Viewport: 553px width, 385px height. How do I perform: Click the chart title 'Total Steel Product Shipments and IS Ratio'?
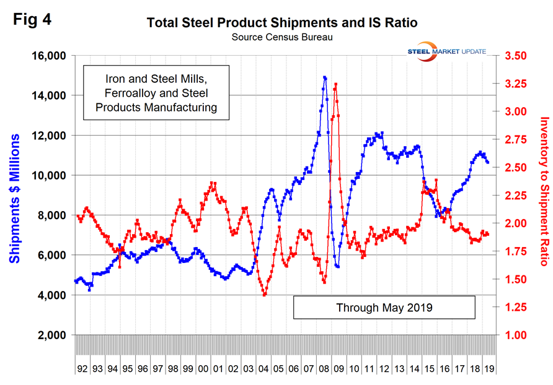tap(282, 24)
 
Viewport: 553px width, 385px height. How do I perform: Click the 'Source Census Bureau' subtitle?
tap(282, 38)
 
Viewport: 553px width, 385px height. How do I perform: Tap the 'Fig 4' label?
tap(32, 19)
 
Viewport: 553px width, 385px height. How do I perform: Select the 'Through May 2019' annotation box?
tap(384, 307)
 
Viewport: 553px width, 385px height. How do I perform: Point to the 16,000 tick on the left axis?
tap(50, 56)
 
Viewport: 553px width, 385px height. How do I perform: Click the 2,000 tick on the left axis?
tap(52, 335)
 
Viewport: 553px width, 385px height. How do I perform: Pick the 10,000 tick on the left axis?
tap(50, 175)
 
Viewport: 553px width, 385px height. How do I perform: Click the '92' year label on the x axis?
tap(82, 368)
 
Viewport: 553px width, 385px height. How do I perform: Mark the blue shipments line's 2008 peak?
tap(324, 78)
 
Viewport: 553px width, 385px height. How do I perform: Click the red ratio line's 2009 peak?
tap(335, 84)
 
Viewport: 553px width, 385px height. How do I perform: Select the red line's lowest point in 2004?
tap(265, 295)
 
